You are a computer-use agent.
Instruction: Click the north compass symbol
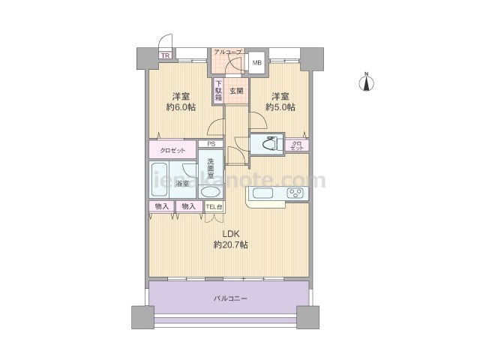click(366, 82)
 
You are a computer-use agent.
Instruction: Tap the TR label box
click(165, 55)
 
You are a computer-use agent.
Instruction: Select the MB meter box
click(256, 63)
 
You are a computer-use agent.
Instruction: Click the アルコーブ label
click(227, 52)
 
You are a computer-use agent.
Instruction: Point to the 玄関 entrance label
click(236, 91)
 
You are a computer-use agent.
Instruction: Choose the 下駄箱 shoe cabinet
click(218, 91)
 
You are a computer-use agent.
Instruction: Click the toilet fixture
click(271, 143)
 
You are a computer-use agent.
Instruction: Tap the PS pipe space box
click(211, 143)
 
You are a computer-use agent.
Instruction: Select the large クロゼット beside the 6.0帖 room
click(172, 150)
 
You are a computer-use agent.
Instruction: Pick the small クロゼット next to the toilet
click(297, 145)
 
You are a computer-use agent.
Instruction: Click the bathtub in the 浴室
click(160, 179)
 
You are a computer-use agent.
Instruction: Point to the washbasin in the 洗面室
click(210, 193)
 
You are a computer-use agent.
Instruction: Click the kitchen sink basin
click(262, 193)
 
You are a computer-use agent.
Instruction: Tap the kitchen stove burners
click(295, 193)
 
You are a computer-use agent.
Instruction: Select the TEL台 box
click(214, 207)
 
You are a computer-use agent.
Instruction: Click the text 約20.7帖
click(231, 245)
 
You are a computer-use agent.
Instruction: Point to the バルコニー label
click(230, 298)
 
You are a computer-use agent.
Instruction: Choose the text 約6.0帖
click(181, 107)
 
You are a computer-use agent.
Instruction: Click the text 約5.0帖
click(280, 107)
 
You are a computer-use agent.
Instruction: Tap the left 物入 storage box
click(162, 206)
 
